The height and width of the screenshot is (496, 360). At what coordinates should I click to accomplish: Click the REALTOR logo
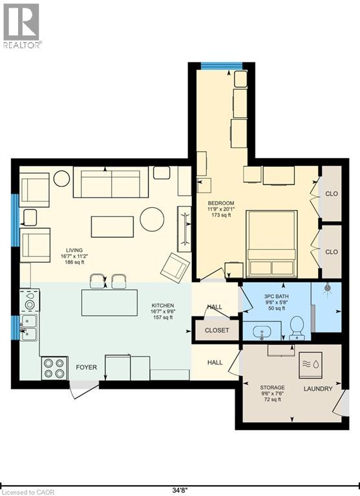coord(21,26)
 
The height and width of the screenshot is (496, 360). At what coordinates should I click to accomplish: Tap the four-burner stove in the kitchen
coord(54,368)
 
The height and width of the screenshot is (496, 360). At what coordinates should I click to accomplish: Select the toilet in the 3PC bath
coord(297,328)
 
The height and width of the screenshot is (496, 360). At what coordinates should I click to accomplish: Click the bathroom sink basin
coord(262,332)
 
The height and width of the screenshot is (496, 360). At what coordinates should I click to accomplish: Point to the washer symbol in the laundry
coord(311,364)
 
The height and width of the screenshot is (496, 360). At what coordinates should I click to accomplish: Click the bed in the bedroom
coord(271,243)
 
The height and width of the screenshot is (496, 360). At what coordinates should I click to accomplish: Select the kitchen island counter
coord(109,303)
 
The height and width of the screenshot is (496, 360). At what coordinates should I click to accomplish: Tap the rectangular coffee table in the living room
coord(112,227)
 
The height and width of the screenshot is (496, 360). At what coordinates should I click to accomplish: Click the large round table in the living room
coord(152,219)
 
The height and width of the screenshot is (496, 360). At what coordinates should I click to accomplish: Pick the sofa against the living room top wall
coord(111,182)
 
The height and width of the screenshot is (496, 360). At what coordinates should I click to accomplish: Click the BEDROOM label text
coord(221,203)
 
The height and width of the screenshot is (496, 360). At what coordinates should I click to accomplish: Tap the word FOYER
coord(86,367)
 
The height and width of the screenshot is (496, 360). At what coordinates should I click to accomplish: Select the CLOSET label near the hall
coord(217,330)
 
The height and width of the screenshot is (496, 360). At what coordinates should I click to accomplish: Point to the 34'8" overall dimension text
coord(180,491)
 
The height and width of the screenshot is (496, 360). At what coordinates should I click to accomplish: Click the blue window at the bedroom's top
coord(222,66)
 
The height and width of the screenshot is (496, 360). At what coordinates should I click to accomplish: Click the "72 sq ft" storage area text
coord(272,400)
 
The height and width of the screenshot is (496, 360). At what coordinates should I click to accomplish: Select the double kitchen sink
coord(28,327)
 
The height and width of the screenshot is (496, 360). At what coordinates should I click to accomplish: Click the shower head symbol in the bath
coord(327,288)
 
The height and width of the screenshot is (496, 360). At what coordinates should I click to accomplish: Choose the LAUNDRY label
coord(318,389)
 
